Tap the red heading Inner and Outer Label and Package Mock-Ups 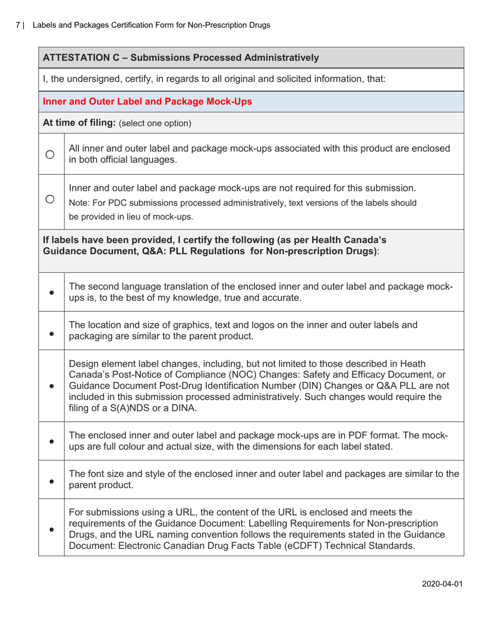148,102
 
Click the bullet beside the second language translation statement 52,292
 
